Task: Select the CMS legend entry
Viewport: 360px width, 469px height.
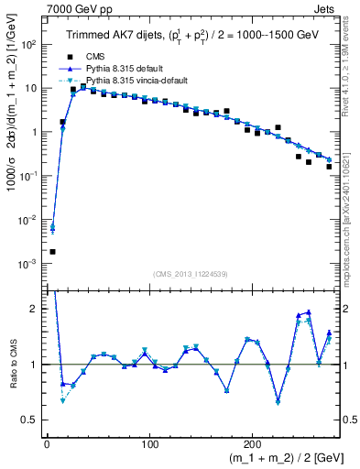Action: (98, 57)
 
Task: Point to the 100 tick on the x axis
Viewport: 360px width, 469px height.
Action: (150, 442)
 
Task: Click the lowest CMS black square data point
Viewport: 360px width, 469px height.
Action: (52, 251)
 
